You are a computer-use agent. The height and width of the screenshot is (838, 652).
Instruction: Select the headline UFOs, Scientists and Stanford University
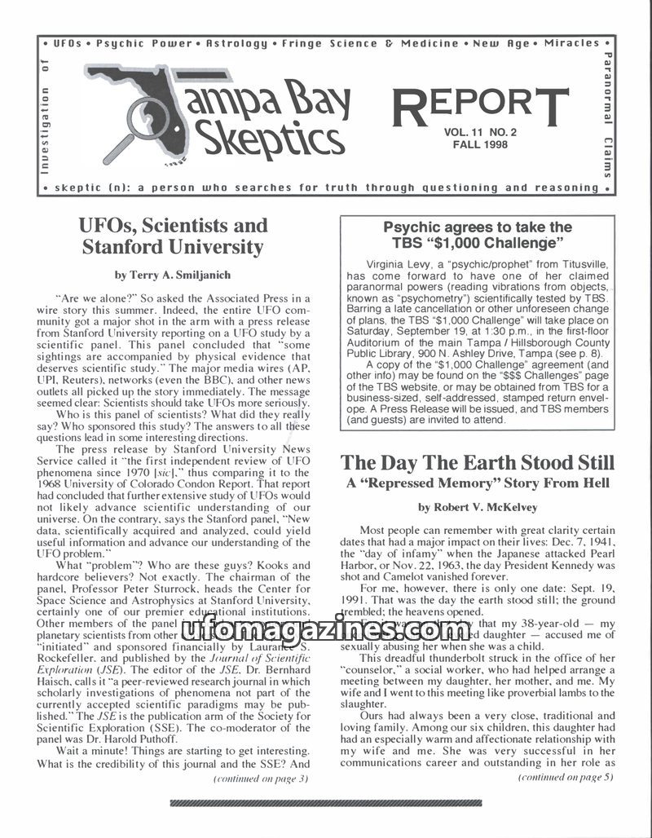tap(173, 236)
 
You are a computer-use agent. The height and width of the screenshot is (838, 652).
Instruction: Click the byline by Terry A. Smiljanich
tap(172, 275)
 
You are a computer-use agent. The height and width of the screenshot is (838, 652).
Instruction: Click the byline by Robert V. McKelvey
tap(477, 507)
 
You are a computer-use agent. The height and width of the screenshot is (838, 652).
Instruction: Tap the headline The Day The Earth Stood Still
tap(477, 463)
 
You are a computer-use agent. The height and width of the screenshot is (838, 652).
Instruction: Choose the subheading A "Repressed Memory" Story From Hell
tap(477, 483)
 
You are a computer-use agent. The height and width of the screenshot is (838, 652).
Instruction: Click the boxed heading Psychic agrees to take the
tap(478, 227)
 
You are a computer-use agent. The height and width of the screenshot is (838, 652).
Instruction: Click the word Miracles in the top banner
tap(572, 43)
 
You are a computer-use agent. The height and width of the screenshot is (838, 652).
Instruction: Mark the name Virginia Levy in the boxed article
tap(398, 266)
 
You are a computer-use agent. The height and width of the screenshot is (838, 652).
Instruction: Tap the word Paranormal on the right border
tap(607, 90)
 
